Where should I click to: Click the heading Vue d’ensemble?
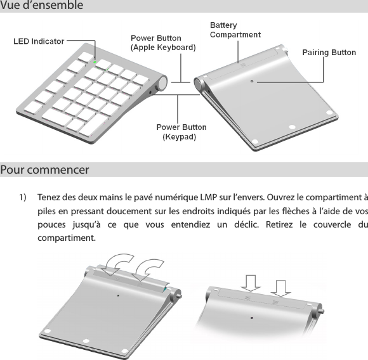click(x=41, y=6)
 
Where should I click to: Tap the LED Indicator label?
click(x=39, y=41)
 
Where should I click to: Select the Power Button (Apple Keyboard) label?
click(x=163, y=42)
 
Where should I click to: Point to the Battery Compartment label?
click(x=235, y=30)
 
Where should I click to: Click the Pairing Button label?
click(x=329, y=52)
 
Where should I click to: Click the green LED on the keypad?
click(x=95, y=62)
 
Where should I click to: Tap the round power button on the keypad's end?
click(x=162, y=83)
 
